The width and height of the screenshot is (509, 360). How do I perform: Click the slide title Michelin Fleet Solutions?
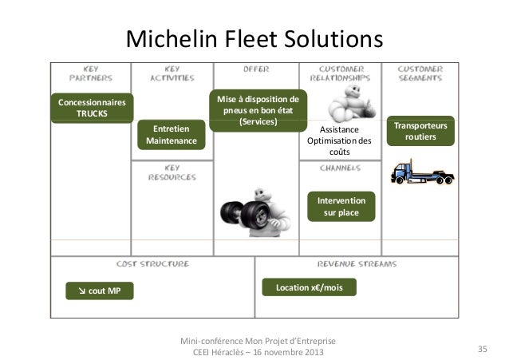(x=254, y=38)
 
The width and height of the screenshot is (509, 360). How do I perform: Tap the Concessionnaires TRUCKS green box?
(x=92, y=108)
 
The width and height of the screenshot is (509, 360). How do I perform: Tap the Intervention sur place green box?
(x=341, y=207)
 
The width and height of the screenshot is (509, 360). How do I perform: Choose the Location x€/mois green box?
(x=309, y=287)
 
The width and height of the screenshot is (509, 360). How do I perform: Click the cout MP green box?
(x=98, y=291)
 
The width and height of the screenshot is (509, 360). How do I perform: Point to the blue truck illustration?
(x=420, y=171)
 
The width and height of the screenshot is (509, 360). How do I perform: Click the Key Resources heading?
(x=172, y=172)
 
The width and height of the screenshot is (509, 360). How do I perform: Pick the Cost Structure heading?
(x=152, y=263)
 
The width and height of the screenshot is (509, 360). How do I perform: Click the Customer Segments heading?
(x=420, y=74)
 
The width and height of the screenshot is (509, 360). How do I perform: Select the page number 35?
(x=482, y=349)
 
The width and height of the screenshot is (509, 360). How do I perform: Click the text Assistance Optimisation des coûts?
(x=340, y=140)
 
